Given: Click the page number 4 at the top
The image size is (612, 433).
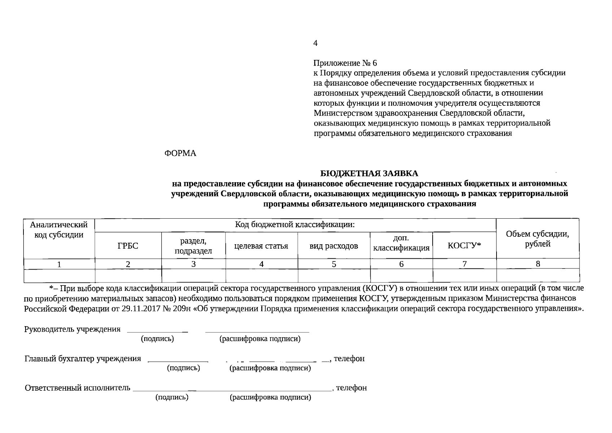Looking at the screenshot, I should pyautogui.click(x=315, y=44).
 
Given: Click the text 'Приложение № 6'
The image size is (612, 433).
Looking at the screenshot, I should pyautogui.click(x=345, y=63).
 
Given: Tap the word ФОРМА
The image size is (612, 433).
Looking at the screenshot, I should pyautogui.click(x=180, y=153).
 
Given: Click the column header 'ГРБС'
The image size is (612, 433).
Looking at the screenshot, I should pyautogui.click(x=128, y=246).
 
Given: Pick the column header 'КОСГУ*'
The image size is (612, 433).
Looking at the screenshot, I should pyautogui.click(x=464, y=246).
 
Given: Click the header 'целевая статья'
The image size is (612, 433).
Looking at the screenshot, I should pyautogui.click(x=261, y=246).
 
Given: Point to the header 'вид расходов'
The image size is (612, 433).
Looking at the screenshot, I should pyautogui.click(x=334, y=246).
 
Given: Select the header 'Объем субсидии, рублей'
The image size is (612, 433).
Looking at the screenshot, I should pyautogui.click(x=537, y=239).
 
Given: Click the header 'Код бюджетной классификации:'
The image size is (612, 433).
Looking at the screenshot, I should pyautogui.click(x=295, y=225).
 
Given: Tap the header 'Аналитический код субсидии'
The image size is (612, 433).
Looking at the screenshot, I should pyautogui.click(x=59, y=230).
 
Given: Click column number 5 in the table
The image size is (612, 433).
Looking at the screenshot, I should pyautogui.click(x=334, y=264).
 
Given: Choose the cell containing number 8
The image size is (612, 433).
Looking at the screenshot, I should pyautogui.click(x=538, y=264).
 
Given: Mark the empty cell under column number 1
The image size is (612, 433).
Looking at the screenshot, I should pyautogui.click(x=59, y=276).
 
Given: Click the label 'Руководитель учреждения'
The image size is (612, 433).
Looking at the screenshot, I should pyautogui.click(x=72, y=329).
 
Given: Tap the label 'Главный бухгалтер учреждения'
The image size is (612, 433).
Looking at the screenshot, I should pyautogui.click(x=83, y=359).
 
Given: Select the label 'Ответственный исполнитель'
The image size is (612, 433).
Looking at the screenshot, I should pyautogui.click(x=77, y=388).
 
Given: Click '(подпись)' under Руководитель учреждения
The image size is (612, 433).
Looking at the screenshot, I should pyautogui.click(x=157, y=339).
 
